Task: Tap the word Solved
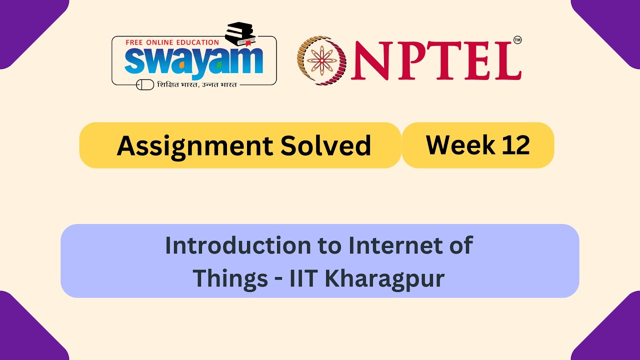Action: pyautogui.click(x=325, y=145)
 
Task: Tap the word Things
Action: pyautogui.click(x=230, y=278)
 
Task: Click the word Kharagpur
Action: pyautogui.click(x=384, y=278)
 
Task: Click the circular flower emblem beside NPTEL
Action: pyautogui.click(x=321, y=60)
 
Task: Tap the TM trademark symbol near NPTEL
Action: pyautogui.click(x=517, y=40)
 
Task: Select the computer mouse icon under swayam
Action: pyautogui.click(x=145, y=84)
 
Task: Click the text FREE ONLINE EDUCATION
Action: pyautogui.click(x=172, y=42)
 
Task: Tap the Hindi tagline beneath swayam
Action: pyautogui.click(x=197, y=84)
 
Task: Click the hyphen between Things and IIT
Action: pyautogui.click(x=278, y=279)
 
